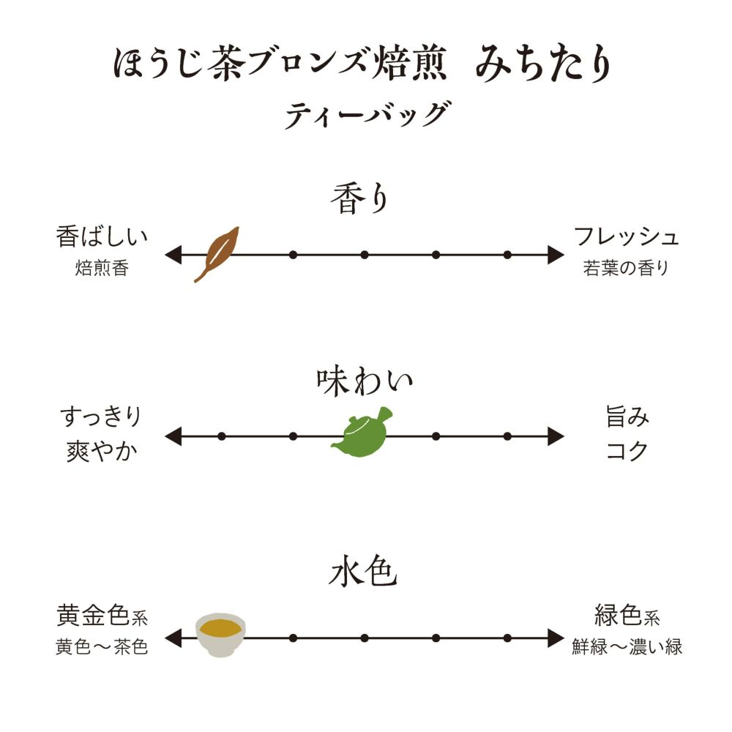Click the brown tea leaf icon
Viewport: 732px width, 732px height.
click(217, 253)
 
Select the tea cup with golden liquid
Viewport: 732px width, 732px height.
click(221, 633)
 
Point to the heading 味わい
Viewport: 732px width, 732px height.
click(365, 381)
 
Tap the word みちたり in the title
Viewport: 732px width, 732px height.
click(542, 64)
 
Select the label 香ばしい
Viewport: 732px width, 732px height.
click(102, 237)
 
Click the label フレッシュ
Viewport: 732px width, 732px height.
click(627, 237)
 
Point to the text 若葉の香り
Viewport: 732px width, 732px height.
click(626, 269)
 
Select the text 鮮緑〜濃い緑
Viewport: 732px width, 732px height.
click(627, 648)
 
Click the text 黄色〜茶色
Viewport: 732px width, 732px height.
click(102, 648)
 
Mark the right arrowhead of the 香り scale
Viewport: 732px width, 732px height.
click(556, 255)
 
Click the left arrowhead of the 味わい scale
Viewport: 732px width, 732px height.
click(173, 437)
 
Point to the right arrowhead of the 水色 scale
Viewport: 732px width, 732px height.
click(556, 638)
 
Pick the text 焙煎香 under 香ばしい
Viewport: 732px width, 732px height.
click(102, 269)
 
